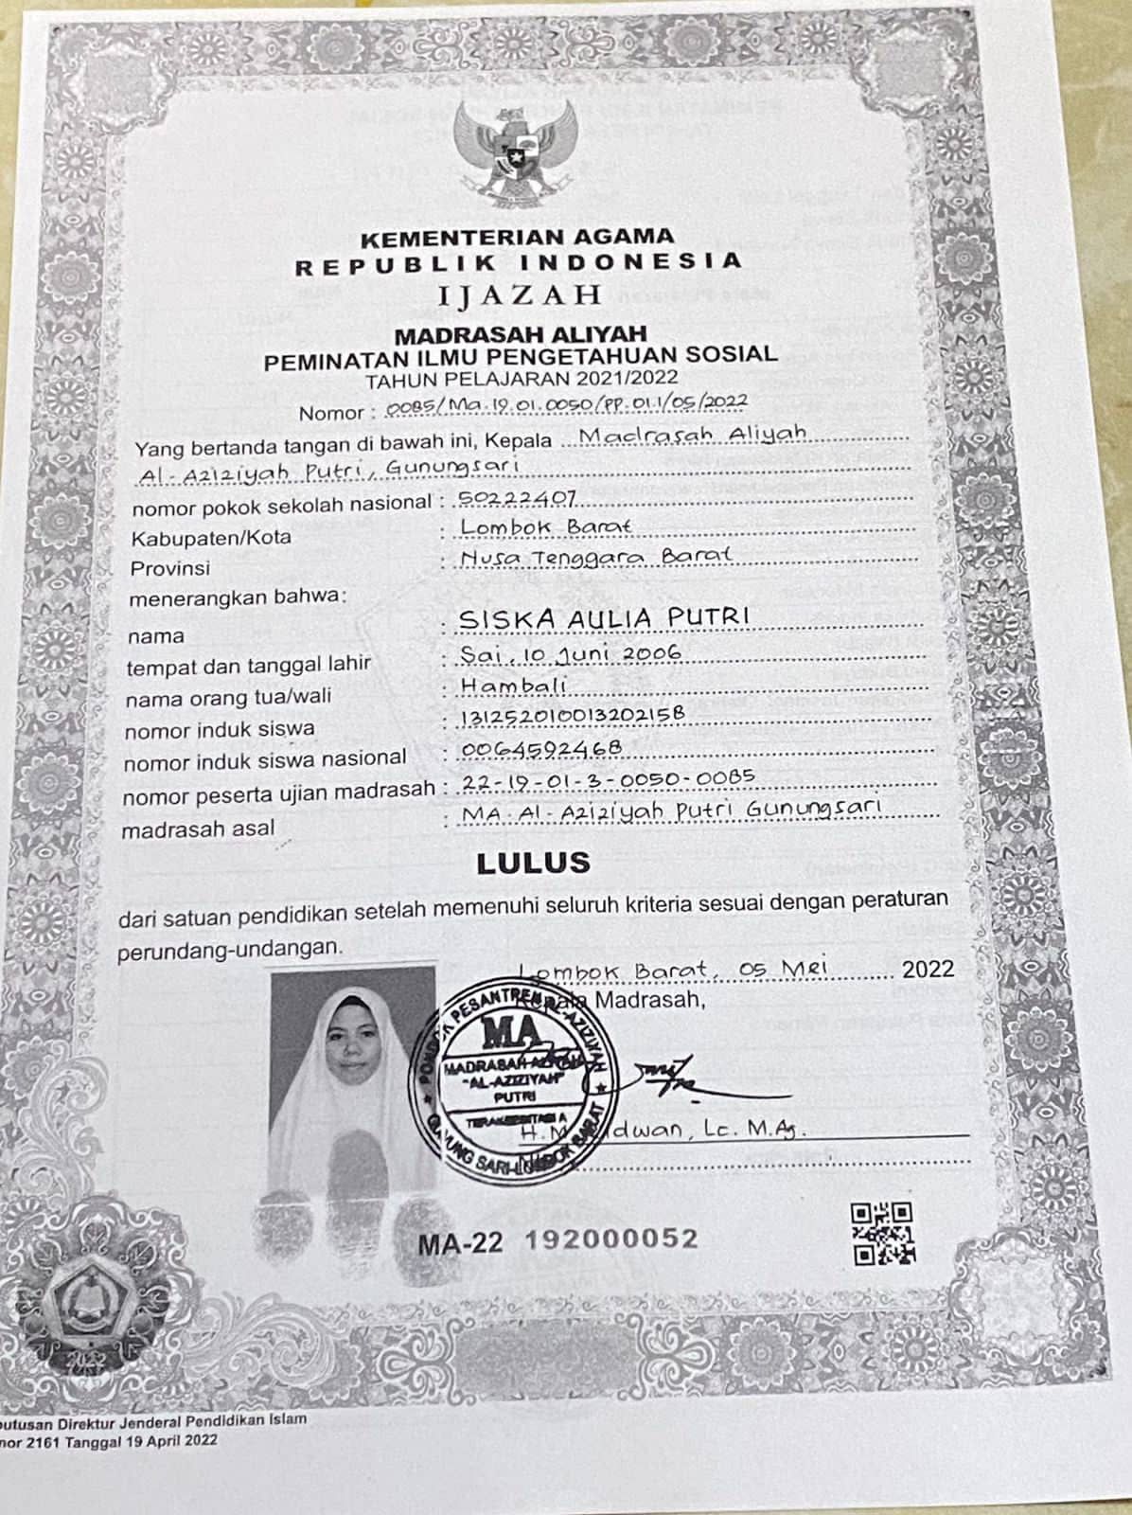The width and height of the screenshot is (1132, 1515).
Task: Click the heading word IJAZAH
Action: click(521, 294)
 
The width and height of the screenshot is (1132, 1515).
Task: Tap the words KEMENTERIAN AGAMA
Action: click(518, 236)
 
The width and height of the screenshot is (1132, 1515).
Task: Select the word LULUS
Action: click(533, 863)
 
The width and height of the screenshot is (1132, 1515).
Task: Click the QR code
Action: click(881, 1233)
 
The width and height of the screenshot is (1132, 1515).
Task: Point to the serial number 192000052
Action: click(611, 1239)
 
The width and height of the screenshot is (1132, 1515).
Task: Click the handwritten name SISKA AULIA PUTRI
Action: click(604, 618)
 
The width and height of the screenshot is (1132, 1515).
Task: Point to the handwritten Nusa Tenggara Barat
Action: click(596, 558)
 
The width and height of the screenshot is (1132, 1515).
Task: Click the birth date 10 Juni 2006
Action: click(600, 653)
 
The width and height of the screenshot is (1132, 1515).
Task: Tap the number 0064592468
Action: click(540, 749)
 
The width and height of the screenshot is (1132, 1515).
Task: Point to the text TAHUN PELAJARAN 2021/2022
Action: click(521, 380)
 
